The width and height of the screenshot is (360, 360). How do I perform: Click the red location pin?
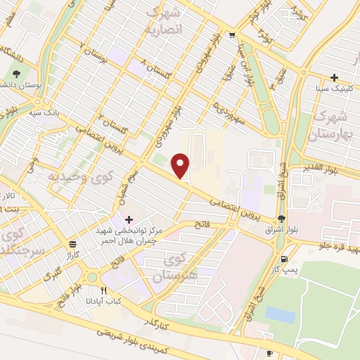pos(181,166)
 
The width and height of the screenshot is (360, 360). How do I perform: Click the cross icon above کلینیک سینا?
pos(335,77)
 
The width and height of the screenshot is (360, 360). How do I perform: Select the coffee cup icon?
pos(269,353)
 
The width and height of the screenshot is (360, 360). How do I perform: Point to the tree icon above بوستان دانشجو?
pos(17,73)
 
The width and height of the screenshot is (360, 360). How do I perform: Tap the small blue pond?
pos(280,314)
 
